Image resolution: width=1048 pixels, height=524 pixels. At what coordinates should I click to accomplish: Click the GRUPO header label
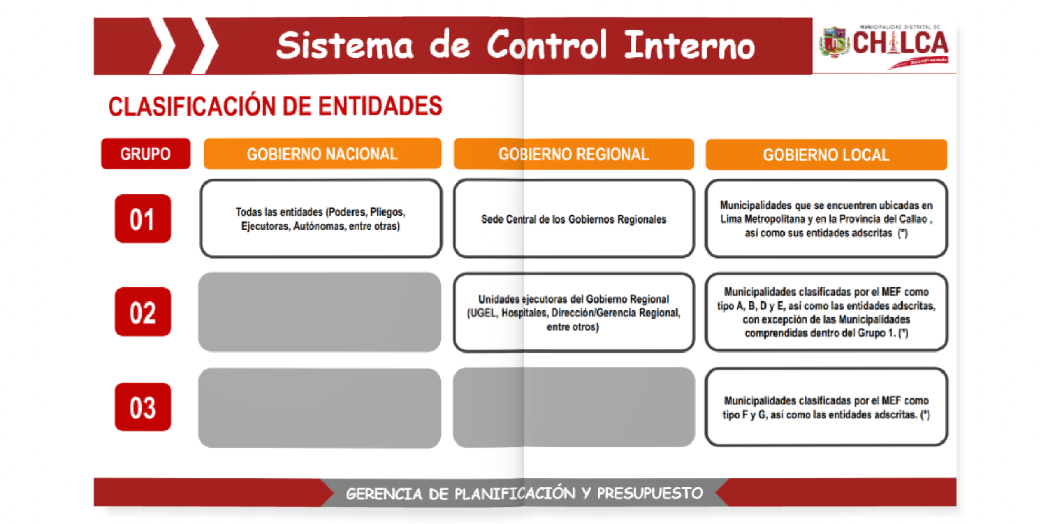145,154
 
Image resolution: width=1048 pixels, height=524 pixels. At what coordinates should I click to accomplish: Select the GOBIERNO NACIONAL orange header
322,154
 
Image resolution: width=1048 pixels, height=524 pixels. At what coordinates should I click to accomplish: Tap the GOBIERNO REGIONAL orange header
574,154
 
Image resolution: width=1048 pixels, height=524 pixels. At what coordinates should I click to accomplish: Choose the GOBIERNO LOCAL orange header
826,154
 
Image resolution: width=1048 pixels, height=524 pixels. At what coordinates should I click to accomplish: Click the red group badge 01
143,219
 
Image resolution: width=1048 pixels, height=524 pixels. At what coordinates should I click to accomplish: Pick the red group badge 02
143,312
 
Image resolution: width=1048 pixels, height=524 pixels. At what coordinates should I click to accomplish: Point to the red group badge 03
143,407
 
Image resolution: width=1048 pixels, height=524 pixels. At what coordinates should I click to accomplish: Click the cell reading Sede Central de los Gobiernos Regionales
574,219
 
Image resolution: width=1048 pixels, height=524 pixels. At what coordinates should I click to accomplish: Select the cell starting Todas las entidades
321,219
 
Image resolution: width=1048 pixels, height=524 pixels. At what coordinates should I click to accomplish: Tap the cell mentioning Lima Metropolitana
826,219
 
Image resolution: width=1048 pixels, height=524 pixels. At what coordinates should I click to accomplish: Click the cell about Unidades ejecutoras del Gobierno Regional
574,312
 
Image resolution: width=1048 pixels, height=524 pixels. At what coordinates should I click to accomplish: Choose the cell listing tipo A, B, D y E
826,312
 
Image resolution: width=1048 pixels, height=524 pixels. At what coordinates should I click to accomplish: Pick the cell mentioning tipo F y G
826,407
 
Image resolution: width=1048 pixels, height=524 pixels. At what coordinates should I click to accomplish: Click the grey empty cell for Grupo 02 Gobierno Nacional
319,312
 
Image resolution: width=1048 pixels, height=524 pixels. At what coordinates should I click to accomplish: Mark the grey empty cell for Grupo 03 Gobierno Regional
574,407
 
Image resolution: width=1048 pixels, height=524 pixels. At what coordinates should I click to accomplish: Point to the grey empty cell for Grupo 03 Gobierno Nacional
319,408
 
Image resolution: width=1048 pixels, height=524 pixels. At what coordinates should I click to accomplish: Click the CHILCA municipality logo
884,45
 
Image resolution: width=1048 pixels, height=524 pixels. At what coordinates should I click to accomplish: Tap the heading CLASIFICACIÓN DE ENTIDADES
275,107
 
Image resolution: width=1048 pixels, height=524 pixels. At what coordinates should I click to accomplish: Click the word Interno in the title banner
689,45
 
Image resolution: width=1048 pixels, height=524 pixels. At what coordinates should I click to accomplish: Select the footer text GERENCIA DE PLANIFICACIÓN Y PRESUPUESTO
524,493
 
